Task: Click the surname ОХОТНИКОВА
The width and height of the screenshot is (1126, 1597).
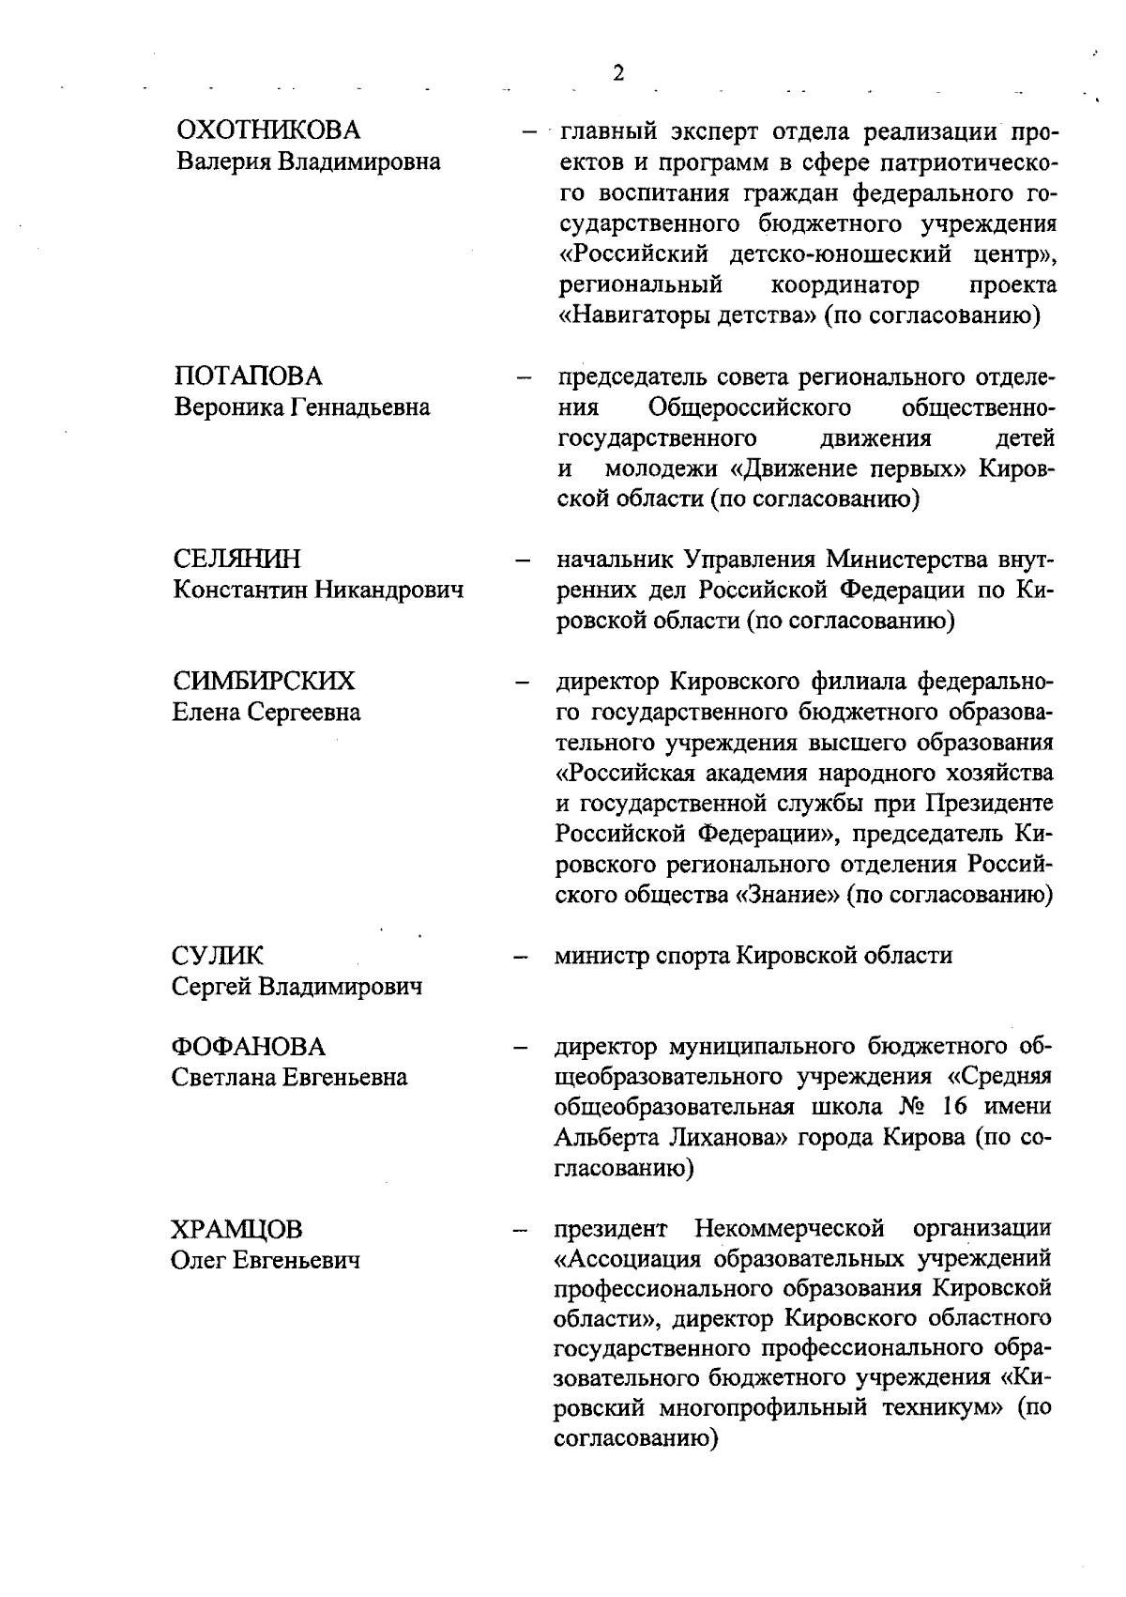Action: click(268, 131)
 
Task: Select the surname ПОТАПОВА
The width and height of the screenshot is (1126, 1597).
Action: click(249, 376)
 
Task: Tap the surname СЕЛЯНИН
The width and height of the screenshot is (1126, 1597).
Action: click(238, 560)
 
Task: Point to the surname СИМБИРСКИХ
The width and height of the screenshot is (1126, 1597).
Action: click(265, 681)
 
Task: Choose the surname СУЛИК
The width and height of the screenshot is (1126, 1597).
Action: click(218, 956)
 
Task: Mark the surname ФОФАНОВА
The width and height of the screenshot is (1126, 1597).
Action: click(249, 1046)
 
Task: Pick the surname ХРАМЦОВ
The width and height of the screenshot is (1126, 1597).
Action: click(237, 1229)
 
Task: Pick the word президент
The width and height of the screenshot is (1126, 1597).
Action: click(611, 1229)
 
